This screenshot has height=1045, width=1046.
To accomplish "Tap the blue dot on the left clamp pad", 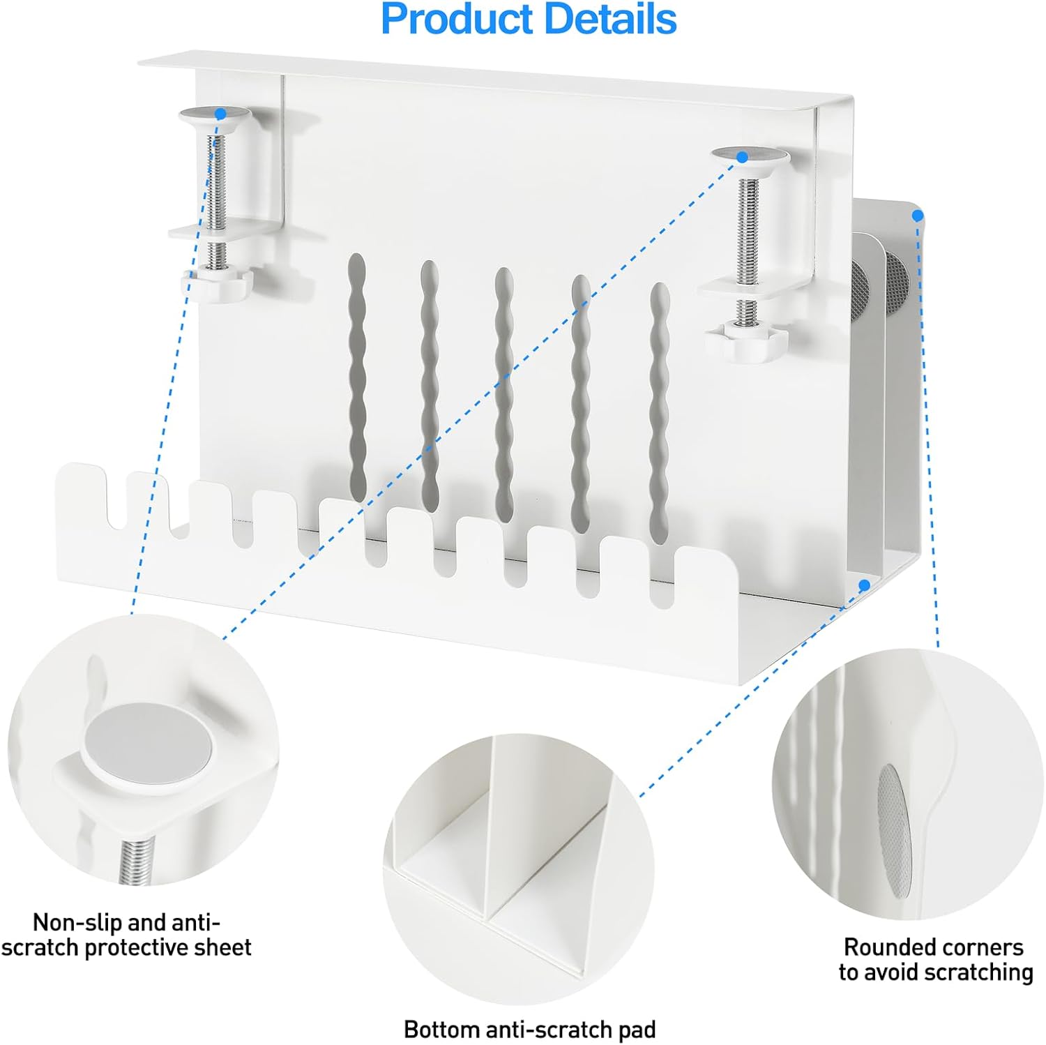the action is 220,113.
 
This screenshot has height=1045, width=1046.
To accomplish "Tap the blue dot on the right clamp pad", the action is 742,157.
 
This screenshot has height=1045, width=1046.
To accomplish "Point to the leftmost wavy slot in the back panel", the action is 357,377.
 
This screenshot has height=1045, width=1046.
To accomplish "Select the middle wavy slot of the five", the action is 504,395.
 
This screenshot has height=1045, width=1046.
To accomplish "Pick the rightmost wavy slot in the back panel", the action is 659,413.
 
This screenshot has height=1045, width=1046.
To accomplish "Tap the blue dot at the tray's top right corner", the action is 918,216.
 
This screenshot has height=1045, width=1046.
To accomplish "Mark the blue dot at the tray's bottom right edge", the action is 865,585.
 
